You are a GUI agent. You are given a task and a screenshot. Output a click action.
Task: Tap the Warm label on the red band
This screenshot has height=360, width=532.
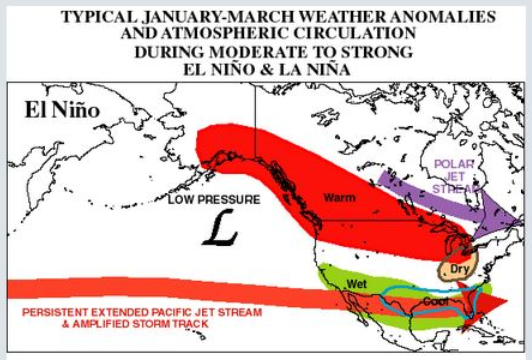coord(339,198)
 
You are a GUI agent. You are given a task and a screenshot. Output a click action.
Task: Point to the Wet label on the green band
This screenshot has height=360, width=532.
coord(358,285)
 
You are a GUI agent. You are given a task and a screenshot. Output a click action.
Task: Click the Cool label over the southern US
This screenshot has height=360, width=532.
coord(433,298)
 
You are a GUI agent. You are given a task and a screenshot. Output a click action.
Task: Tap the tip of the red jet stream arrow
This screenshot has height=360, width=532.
coord(513,303)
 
